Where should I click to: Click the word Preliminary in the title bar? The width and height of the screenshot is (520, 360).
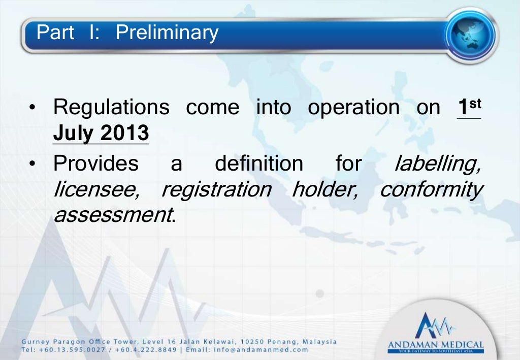[x=167, y=33]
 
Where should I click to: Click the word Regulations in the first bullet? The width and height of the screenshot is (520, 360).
[x=111, y=107]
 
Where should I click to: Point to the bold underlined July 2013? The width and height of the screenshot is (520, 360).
[x=101, y=133]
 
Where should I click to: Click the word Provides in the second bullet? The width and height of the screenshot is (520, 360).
[x=95, y=164]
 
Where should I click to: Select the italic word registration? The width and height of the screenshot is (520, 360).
[x=216, y=190]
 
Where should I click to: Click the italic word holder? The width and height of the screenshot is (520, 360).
[x=325, y=190]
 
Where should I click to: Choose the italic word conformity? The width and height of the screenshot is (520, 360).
[x=431, y=190]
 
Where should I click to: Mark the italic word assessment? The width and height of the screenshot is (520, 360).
[x=112, y=215]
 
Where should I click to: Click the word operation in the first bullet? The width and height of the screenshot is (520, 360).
[x=353, y=108]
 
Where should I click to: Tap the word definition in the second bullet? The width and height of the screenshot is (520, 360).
[x=258, y=164]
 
